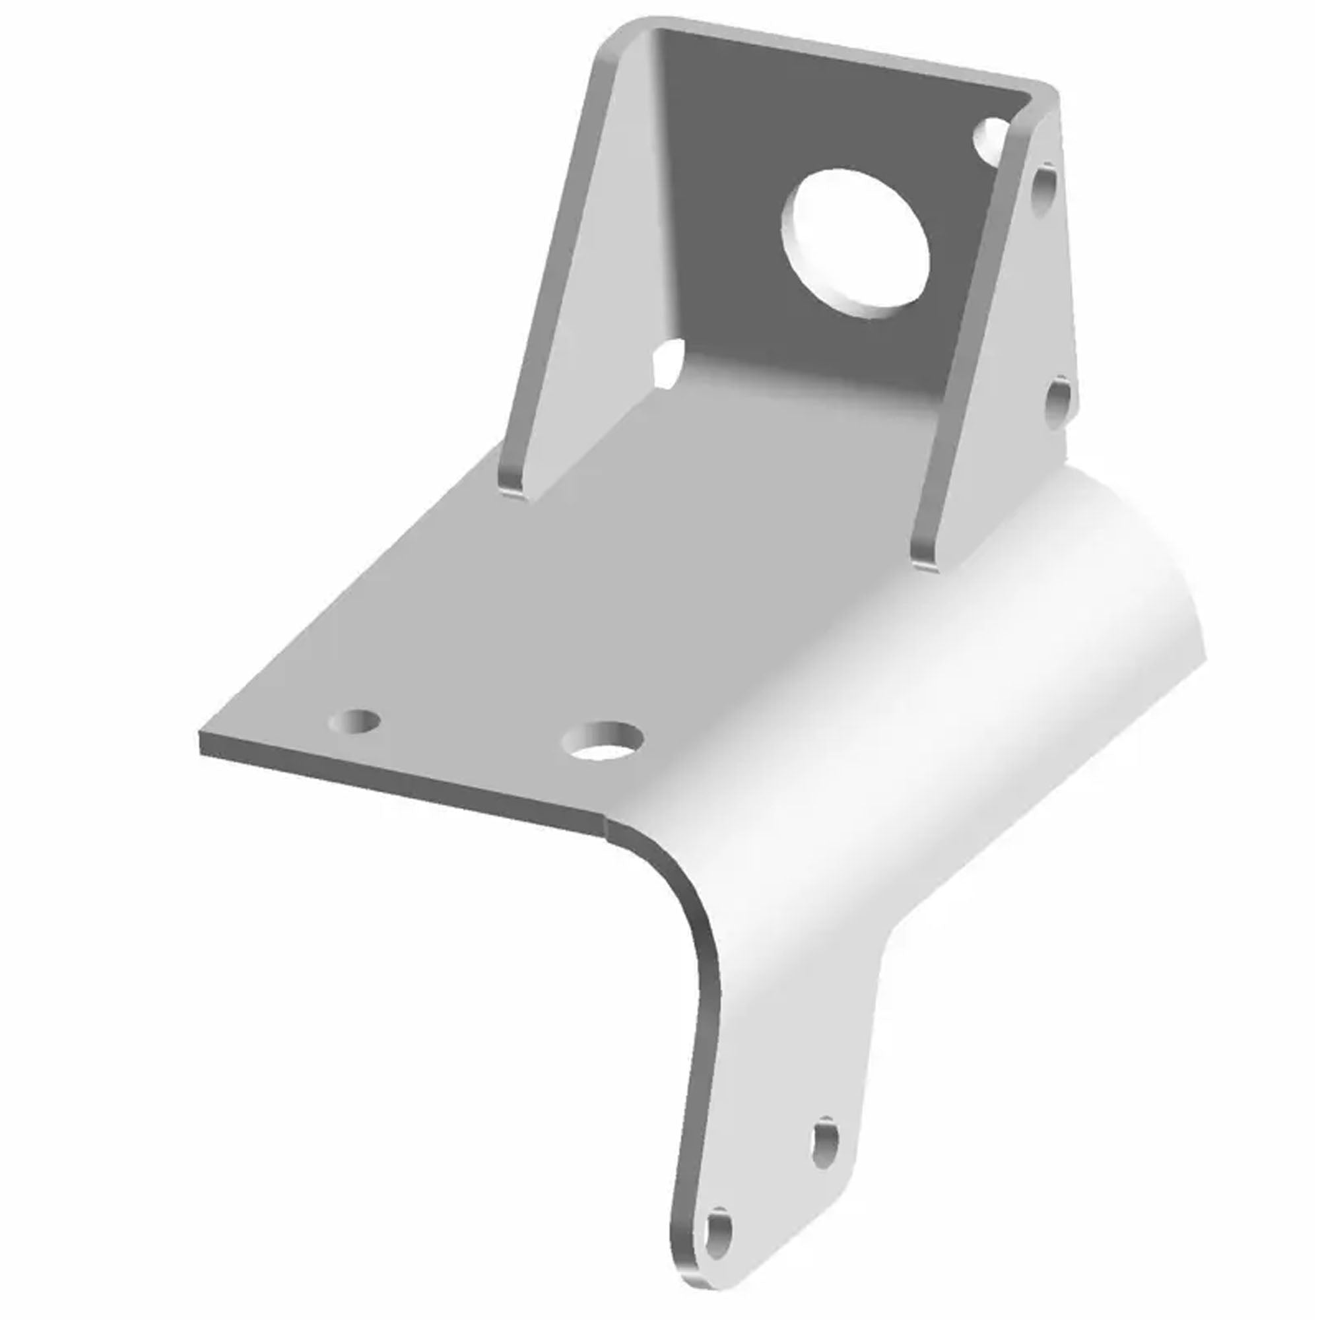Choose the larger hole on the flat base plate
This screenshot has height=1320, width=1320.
(x=601, y=741)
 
